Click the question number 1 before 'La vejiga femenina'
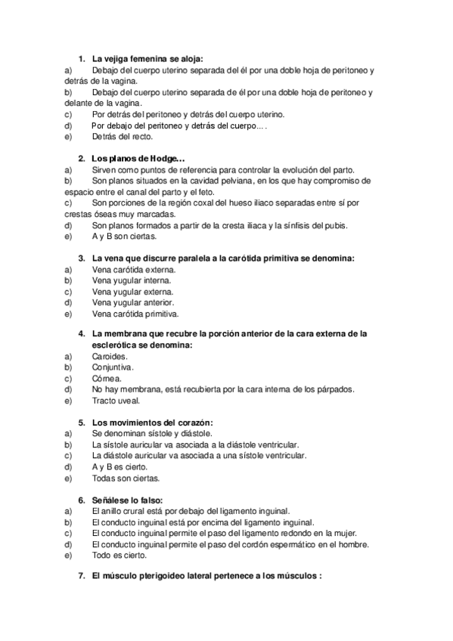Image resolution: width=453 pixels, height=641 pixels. pyautogui.click(x=81, y=58)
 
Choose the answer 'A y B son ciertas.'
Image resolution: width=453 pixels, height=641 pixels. pyautogui.click(x=125, y=236)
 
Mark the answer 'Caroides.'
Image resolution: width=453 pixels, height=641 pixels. pyautogui.click(x=110, y=355)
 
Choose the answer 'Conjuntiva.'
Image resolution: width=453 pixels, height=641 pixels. pyautogui.click(x=113, y=367)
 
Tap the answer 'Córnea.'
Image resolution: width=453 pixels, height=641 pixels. pyautogui.click(x=107, y=378)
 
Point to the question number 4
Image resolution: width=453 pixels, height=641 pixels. pyautogui.click(x=81, y=334)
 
